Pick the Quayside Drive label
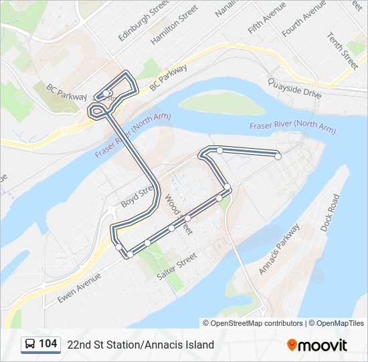click(x=295, y=87)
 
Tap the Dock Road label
click(x=330, y=213)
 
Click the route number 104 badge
click(x=48, y=344)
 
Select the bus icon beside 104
click(x=31, y=345)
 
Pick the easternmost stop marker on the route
click(x=278, y=156)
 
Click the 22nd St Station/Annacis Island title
click(x=141, y=345)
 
